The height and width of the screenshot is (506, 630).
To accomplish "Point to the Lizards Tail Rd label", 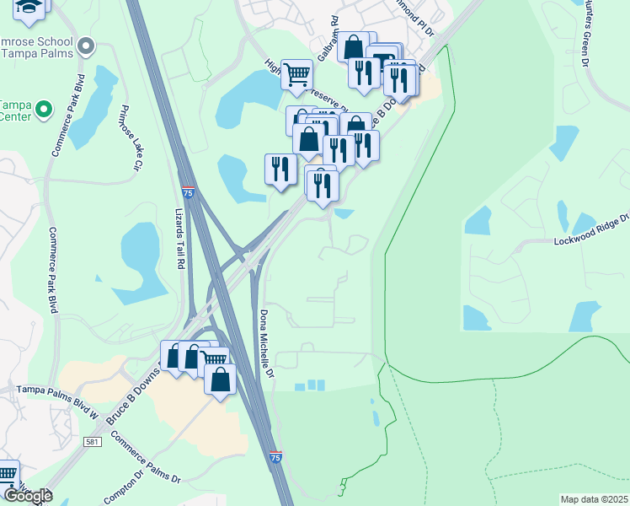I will click(x=179, y=239).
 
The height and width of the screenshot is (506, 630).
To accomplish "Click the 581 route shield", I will click(x=93, y=442).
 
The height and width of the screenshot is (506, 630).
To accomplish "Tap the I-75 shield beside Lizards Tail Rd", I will click(x=189, y=193).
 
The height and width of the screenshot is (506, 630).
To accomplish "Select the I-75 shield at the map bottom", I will click(x=276, y=456).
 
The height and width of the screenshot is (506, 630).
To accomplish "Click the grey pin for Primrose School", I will click(x=84, y=46).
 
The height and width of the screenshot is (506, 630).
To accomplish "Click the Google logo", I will click(x=27, y=496).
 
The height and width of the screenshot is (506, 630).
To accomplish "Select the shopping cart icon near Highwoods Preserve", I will click(x=296, y=75).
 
